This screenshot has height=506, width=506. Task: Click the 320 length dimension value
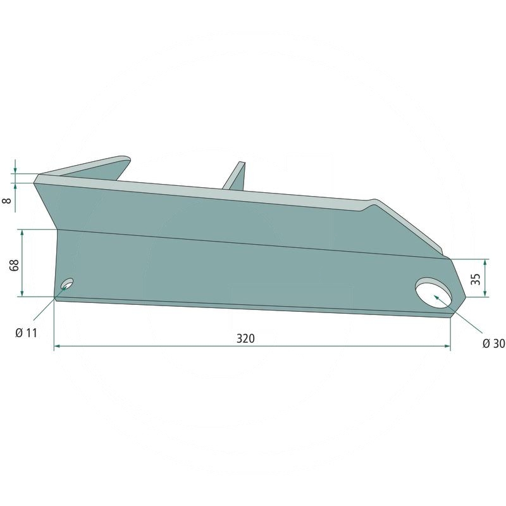pos(245,338)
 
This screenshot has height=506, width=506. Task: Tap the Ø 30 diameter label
pos(494,343)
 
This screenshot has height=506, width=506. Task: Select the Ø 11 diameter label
pos(26,333)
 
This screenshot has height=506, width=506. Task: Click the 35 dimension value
pos(476,279)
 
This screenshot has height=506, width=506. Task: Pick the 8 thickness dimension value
pos(7,201)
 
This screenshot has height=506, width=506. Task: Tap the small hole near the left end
pos(67,283)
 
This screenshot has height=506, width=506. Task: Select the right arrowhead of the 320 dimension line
pos(447,346)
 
